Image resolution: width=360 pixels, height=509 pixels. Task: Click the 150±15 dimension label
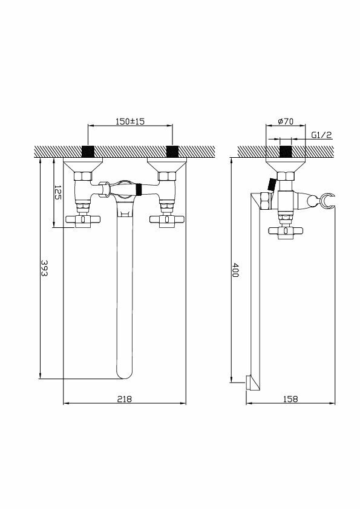click(130, 122)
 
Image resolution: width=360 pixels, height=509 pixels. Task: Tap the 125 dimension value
click(57, 192)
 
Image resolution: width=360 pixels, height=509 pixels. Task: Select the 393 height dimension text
click(44, 268)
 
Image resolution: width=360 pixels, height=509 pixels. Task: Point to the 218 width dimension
click(125, 398)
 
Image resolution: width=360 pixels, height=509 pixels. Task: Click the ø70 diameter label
click(286, 122)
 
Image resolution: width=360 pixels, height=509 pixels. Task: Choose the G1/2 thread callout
click(322, 135)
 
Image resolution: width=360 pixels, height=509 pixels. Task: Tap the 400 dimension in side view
click(235, 270)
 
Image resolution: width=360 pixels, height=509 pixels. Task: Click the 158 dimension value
click(290, 398)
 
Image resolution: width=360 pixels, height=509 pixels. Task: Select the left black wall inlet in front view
click(88, 151)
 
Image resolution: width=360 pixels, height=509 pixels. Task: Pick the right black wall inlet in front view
click(172, 151)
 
